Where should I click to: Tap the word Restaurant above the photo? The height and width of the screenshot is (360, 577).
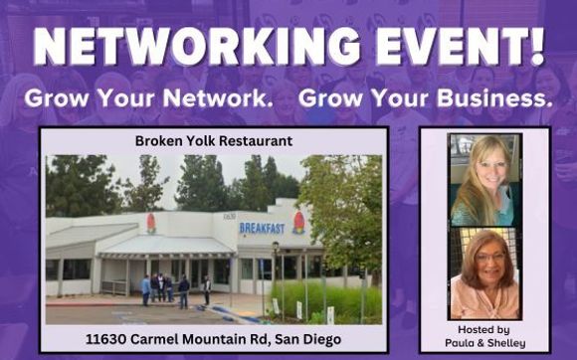click(256, 141)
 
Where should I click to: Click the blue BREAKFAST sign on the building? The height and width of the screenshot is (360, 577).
click(262, 228)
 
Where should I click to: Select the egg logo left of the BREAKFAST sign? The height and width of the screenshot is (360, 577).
click(151, 223)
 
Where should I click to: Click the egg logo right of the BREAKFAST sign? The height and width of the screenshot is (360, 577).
click(298, 223)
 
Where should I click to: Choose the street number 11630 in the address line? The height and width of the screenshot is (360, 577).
click(115, 339)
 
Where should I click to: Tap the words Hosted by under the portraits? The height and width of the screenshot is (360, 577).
click(485, 328)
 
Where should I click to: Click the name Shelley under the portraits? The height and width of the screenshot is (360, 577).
click(508, 343)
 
